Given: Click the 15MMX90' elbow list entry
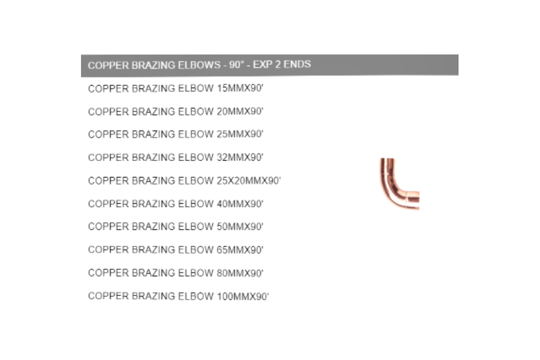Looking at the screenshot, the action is (175, 89).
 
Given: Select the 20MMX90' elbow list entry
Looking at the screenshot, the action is (175, 112).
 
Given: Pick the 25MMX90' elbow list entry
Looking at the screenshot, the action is (175, 134).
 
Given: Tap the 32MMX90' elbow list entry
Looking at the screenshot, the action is (175, 157).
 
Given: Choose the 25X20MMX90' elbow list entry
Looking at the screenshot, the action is (184, 180).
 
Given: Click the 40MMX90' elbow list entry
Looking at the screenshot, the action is (175, 204).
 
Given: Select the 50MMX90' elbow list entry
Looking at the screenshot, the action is (175, 226).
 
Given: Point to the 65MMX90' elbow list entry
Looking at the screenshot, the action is (175, 250).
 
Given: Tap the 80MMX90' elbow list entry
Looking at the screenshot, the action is (175, 273).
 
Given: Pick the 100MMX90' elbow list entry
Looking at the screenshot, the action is (178, 296).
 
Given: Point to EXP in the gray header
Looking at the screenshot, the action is (264, 64).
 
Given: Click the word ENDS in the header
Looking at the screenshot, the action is (297, 64).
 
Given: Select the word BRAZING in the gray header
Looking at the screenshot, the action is (153, 65).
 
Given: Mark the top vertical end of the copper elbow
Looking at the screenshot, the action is (387, 160).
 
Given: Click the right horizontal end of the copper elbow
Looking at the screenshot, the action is (418, 200).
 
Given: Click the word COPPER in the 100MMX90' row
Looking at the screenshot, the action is (108, 296).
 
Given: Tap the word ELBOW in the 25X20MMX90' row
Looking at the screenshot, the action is (195, 180).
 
